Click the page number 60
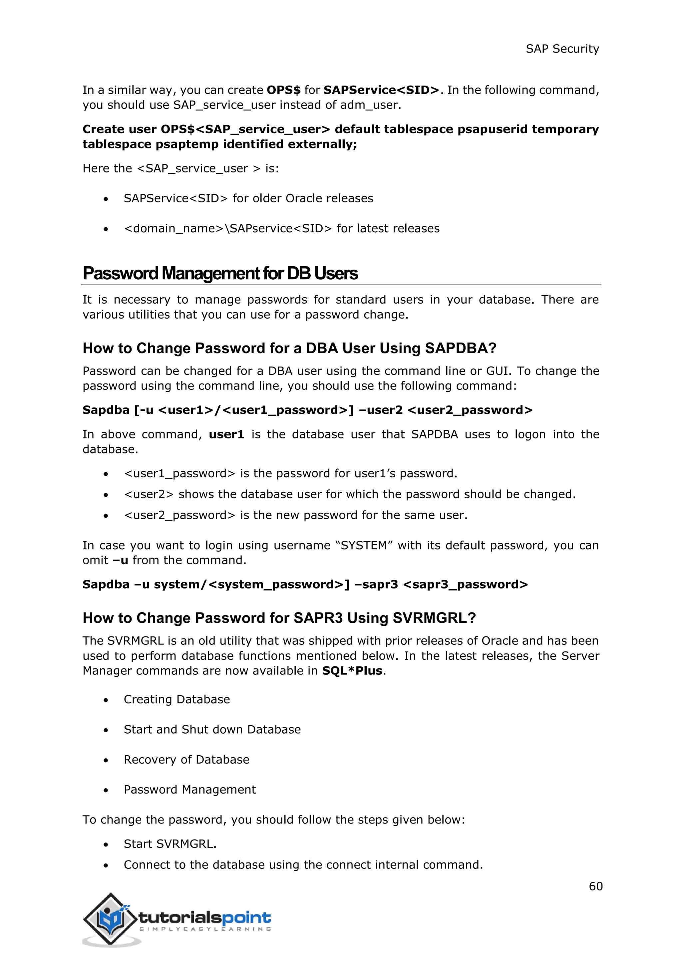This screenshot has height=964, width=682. tap(595, 886)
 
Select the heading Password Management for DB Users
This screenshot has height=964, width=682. tap(220, 273)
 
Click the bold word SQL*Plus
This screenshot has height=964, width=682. tap(352, 670)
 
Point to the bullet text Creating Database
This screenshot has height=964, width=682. tap(177, 699)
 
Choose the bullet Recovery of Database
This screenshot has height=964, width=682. tap(186, 760)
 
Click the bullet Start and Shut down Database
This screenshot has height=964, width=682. tap(212, 729)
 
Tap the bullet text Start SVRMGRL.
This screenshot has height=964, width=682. tap(170, 843)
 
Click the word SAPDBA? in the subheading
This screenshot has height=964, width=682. tap(461, 348)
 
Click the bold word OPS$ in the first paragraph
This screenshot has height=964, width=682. tap(283, 90)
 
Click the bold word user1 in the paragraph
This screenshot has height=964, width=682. tap(226, 434)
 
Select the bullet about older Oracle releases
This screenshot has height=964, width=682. tap(248, 198)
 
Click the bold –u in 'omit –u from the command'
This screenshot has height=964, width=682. tap(121, 560)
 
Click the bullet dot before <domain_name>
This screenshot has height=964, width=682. tap(106, 229)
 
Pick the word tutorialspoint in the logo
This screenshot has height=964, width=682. tap(204, 917)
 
